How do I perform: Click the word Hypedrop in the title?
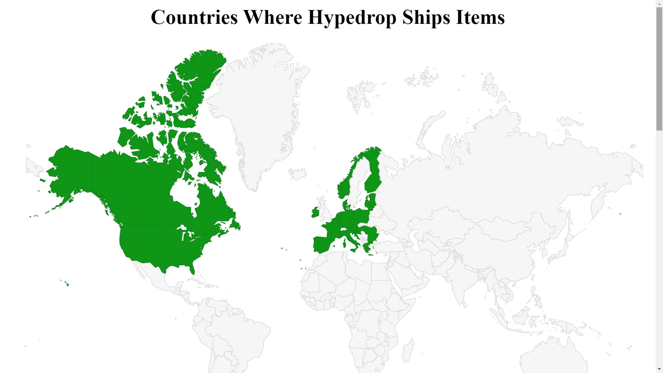[352, 17]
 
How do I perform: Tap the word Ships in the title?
[426, 17]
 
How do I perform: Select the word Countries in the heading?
[194, 17]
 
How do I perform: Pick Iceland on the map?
[297, 173]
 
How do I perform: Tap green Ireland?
[315, 213]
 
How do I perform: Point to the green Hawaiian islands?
[68, 285]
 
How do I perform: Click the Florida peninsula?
[192, 269]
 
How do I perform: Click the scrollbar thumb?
[659, 69]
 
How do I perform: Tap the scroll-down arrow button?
[659, 370]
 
